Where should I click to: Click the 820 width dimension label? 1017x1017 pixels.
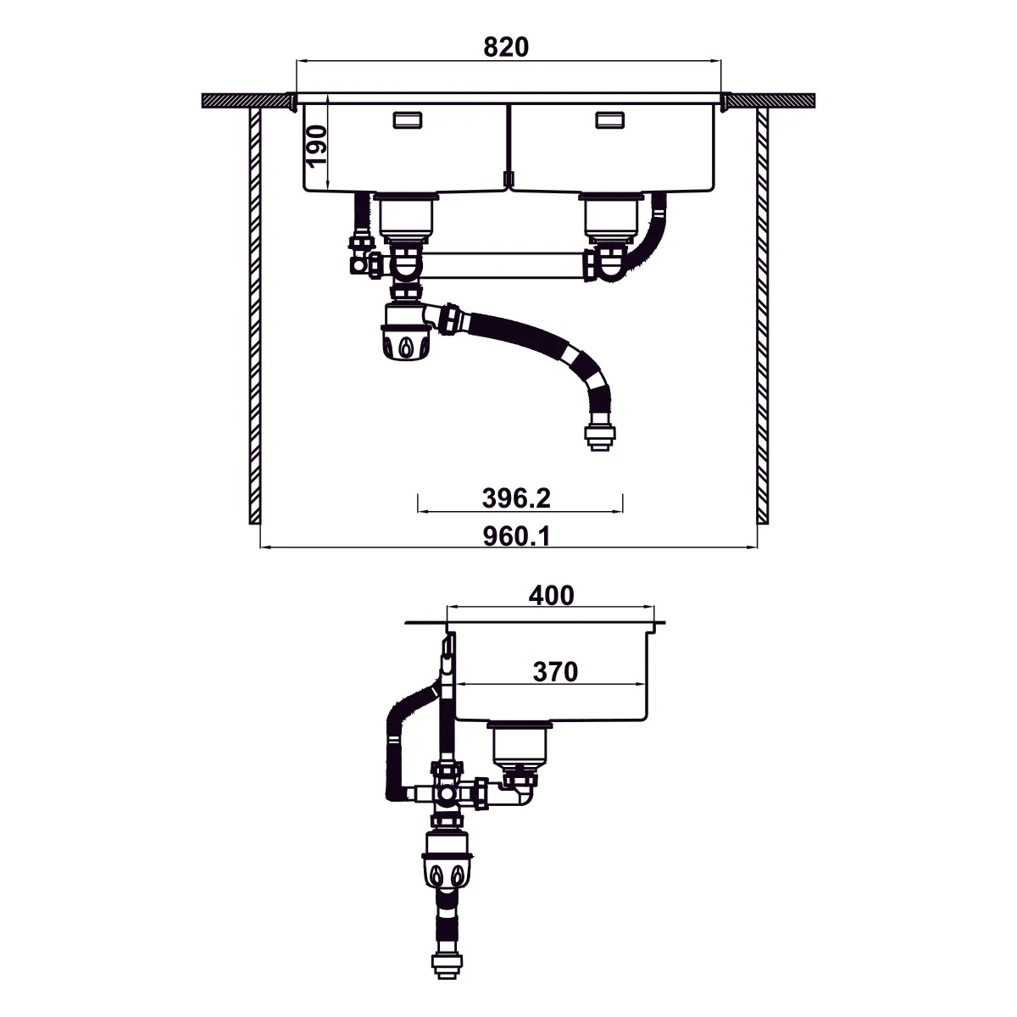click(506, 47)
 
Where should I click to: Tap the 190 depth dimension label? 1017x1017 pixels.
click(315, 146)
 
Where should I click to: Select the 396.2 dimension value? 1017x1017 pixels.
click(516, 498)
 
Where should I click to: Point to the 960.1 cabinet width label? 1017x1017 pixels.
click(516, 536)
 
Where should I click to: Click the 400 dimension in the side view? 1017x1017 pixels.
click(551, 596)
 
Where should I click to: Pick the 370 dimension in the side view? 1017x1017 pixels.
click(555, 672)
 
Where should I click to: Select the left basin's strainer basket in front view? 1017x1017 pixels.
click(405, 217)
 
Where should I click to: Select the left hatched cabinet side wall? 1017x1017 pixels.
click(254, 314)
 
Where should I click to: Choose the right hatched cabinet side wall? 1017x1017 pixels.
click(762, 314)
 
